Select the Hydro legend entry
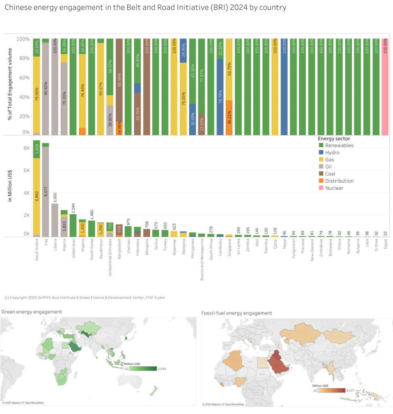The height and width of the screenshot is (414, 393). (329, 152)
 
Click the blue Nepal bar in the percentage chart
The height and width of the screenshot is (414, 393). (284, 87)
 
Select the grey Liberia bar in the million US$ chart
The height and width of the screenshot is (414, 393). (55, 220)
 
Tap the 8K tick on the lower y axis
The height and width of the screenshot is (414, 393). (26, 148)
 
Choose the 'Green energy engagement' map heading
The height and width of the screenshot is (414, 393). (32, 312)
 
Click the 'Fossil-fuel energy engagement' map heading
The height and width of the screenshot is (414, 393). (236, 313)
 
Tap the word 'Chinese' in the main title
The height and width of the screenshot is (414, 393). (18, 7)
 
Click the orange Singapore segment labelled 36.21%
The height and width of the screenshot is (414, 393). (229, 117)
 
